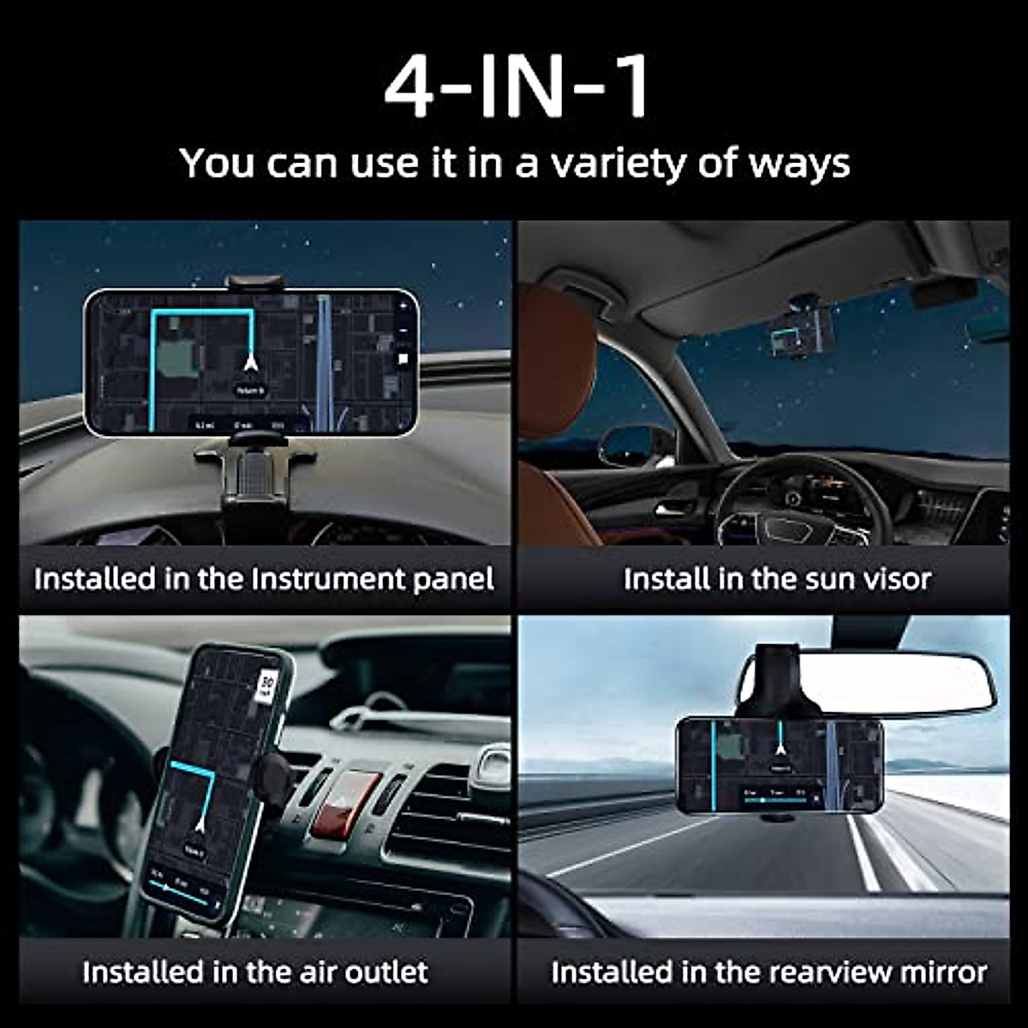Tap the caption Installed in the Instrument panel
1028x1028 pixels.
[x=264, y=579]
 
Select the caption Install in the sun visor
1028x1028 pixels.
[x=776, y=579]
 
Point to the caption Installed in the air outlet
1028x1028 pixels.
[x=255, y=972]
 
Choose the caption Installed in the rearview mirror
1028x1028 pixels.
[x=768, y=972]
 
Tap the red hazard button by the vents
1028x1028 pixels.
[x=343, y=805]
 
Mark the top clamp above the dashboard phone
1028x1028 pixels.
[x=254, y=282]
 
